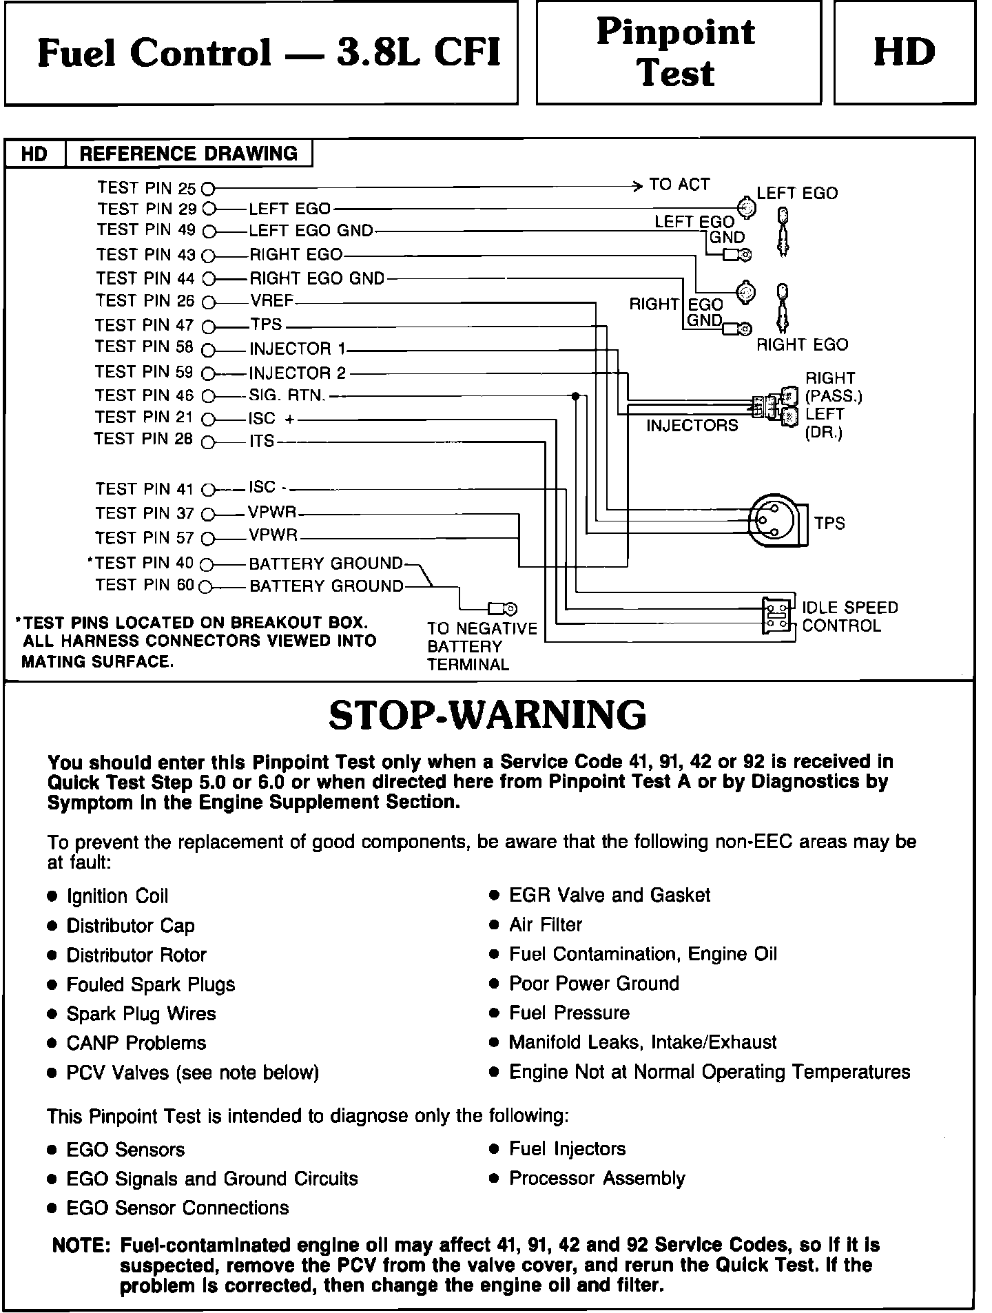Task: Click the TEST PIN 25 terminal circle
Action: (207, 188)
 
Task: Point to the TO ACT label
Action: (679, 185)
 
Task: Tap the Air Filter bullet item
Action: (546, 924)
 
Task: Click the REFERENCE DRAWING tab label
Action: (188, 153)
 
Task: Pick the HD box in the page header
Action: (904, 52)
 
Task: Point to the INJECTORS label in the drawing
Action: (692, 426)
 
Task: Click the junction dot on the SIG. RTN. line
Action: (575, 396)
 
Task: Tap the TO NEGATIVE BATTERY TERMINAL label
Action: (482, 646)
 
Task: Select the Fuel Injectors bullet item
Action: (567, 1148)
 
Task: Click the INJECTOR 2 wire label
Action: (298, 373)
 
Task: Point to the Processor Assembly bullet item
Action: (597, 1178)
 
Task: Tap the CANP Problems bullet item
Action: (136, 1043)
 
